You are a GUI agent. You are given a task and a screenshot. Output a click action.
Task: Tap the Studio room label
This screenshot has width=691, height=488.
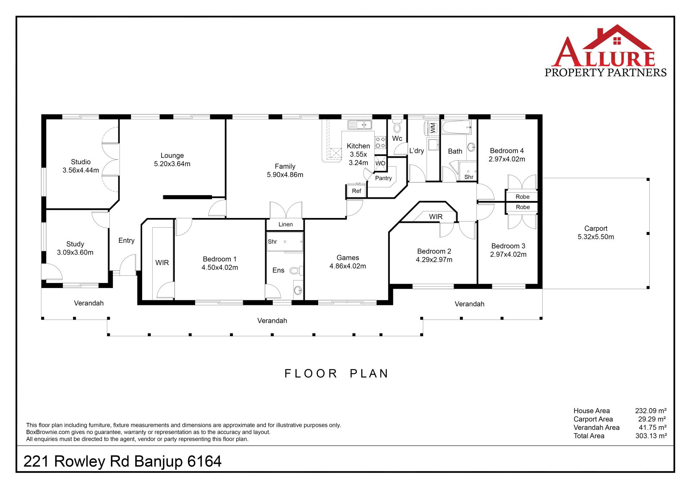coord(81,162)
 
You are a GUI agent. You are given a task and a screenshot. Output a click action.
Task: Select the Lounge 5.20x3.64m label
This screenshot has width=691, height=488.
coord(172,160)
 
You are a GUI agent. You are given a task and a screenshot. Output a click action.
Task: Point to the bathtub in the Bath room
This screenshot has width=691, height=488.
coord(456,127)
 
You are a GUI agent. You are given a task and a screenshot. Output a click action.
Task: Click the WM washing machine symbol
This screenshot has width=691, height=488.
coord(433,127)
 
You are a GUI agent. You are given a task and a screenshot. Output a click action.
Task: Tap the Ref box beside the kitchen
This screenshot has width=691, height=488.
coord(356,191)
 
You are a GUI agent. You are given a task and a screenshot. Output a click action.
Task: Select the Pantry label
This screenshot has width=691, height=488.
coord(383,178)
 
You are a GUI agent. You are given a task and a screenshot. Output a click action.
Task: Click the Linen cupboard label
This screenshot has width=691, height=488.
coord(285,224)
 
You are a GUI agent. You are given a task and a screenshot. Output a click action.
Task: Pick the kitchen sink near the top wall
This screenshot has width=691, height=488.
coord(360,125)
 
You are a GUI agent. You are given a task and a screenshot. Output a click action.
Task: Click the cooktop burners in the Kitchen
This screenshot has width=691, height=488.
coord(380,142)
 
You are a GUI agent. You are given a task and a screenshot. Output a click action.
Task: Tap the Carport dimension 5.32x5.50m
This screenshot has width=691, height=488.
coord(596,237)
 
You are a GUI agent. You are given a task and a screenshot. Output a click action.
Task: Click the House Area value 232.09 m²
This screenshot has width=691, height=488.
coord(651,411)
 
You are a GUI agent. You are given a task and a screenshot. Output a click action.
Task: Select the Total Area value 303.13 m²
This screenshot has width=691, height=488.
coord(651,436)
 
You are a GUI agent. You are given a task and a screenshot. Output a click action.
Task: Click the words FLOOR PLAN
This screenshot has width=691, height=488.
coord(337,373)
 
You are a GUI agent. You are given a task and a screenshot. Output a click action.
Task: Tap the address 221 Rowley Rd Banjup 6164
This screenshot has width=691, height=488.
coord(122,461)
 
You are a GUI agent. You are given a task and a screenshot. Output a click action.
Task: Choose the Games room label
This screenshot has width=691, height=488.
coord(348,258)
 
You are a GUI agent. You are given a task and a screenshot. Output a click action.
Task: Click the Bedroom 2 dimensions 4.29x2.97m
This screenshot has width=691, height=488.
coord(434,260)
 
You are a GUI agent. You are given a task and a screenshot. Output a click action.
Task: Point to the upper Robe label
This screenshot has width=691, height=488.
coord(523,197)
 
